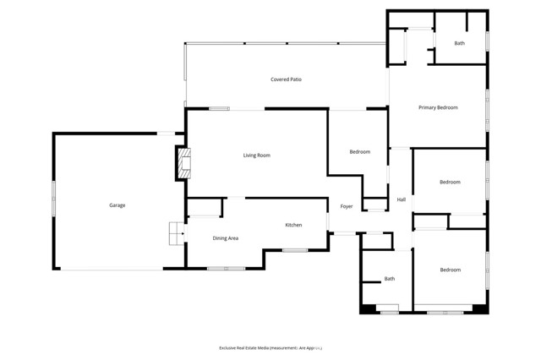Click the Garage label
(x=117, y=205)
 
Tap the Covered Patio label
(x=286, y=79)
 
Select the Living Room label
(x=256, y=155)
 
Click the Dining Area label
(x=224, y=238)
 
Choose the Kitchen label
(x=293, y=225)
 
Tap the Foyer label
(x=347, y=206)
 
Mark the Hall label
(x=402, y=199)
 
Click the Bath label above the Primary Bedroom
(x=459, y=43)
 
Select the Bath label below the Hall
(x=390, y=279)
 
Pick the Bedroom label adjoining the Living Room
(x=360, y=151)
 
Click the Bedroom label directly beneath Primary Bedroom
(x=450, y=182)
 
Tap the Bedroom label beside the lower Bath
(x=450, y=270)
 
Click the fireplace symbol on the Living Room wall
(x=181, y=162)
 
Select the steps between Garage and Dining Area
(x=175, y=232)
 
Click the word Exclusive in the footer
(x=232, y=347)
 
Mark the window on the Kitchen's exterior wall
(x=295, y=250)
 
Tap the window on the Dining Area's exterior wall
(x=226, y=269)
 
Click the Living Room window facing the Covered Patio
(x=219, y=108)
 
